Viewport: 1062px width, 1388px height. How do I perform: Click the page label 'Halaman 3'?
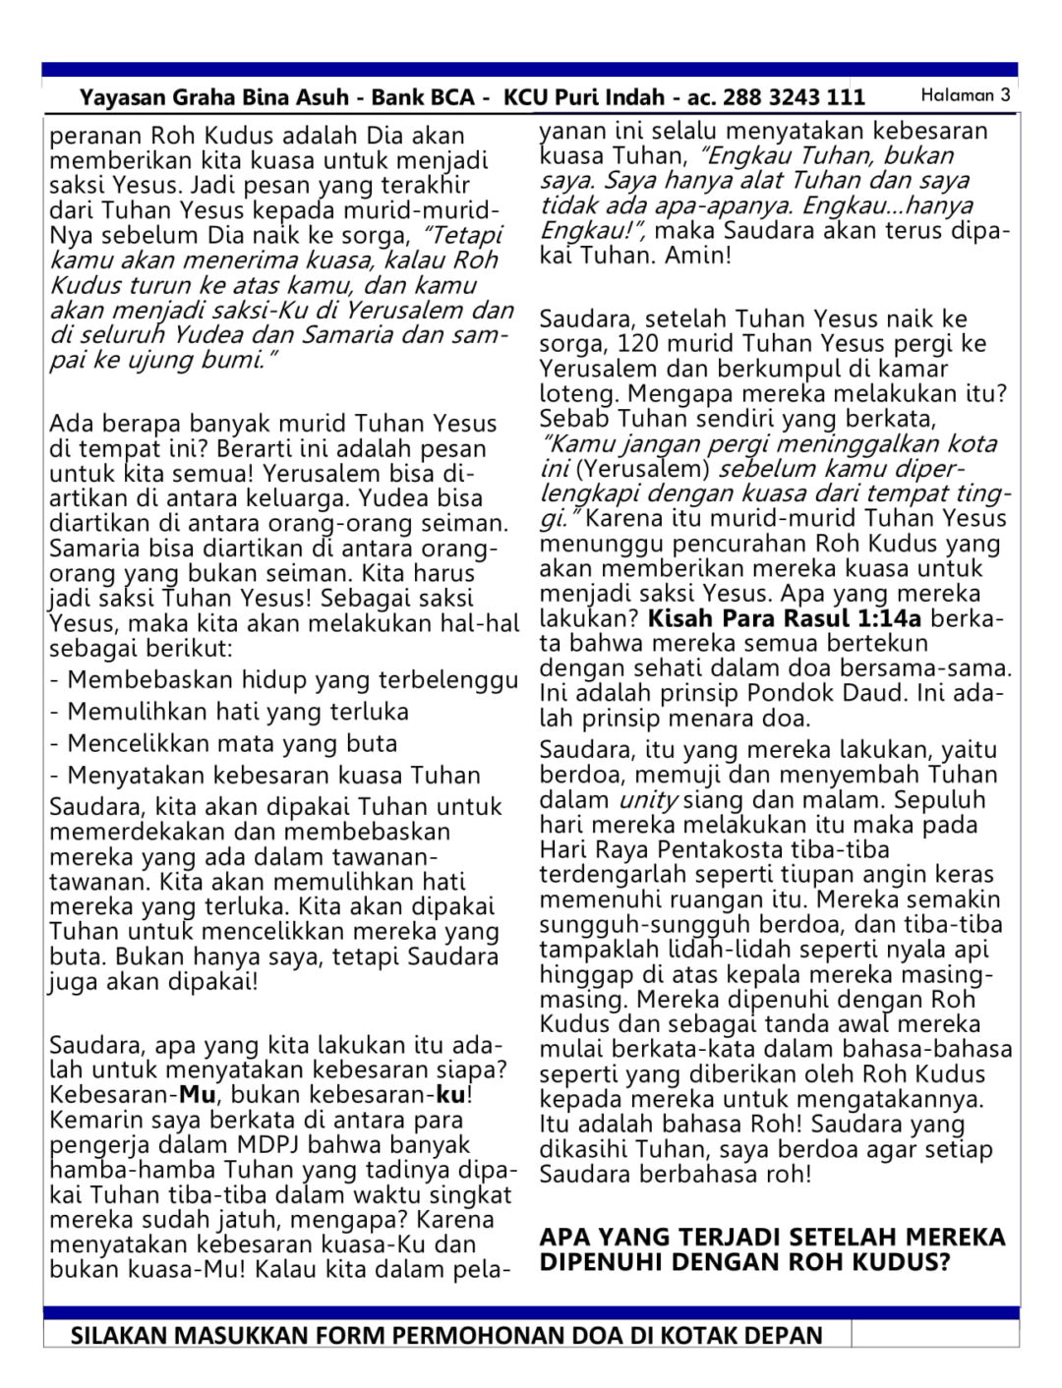[965, 95]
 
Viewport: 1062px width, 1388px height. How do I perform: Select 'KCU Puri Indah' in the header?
[584, 97]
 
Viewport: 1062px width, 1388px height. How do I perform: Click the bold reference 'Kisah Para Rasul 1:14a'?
[785, 619]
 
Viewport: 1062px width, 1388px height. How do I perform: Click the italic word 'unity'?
[648, 800]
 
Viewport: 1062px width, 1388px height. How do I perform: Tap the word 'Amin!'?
[698, 256]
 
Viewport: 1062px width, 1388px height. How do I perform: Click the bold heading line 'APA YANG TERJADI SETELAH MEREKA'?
[772, 1237]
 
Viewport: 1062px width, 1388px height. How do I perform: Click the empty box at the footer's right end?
[934, 1334]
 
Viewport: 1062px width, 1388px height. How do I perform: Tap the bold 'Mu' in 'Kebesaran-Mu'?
[197, 1095]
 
